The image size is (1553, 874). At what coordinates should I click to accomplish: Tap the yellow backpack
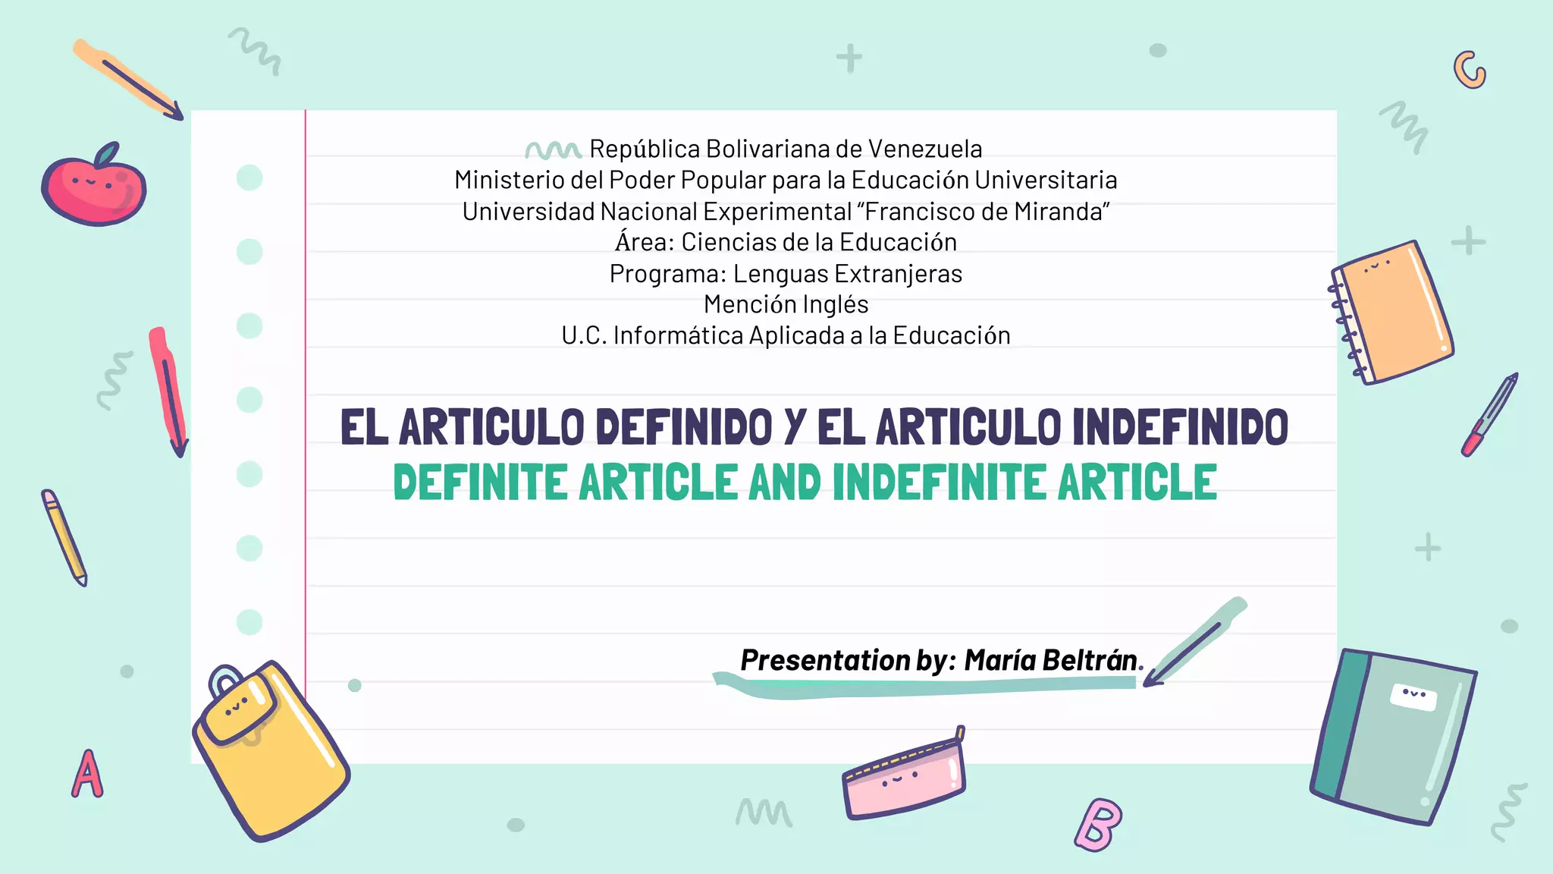coord(269,751)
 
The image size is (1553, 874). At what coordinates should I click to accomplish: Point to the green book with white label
coord(1395,736)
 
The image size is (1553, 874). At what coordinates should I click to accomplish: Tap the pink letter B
coord(1099,825)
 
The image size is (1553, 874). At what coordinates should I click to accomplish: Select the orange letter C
coord(1470,71)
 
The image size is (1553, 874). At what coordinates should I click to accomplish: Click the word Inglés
coord(835,304)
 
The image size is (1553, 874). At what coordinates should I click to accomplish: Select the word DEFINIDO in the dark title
coord(684,427)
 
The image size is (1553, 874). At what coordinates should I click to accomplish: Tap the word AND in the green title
coord(785,483)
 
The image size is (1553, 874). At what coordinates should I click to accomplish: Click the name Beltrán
coord(1089,660)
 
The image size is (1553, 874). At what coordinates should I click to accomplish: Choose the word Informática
coord(678,335)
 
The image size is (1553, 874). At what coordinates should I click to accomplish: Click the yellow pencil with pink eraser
coord(64,537)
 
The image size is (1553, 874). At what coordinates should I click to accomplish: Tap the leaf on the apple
coord(107,154)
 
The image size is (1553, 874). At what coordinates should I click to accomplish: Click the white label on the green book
coord(1413,696)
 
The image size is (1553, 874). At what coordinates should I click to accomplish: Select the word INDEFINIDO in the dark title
coord(1181,427)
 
